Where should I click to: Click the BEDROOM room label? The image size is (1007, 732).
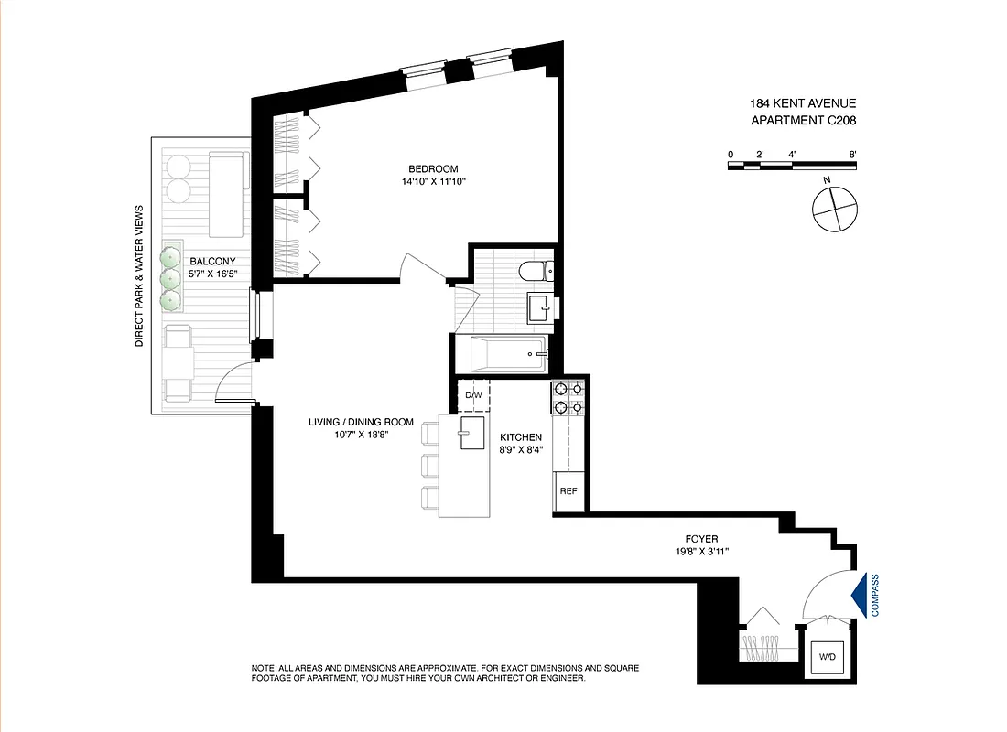[433, 168]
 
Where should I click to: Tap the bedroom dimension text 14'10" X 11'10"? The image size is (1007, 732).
[433, 181]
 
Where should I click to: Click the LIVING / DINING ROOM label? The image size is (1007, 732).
[360, 422]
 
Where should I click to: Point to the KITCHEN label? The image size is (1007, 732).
[521, 437]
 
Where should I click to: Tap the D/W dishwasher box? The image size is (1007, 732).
[473, 395]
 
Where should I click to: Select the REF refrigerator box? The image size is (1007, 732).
[568, 491]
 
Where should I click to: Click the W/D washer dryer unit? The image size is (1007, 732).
[828, 657]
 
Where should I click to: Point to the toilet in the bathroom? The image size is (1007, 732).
[532, 271]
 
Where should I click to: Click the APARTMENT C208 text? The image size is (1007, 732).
[803, 120]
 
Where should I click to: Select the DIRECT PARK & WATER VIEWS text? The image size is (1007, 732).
[140, 274]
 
